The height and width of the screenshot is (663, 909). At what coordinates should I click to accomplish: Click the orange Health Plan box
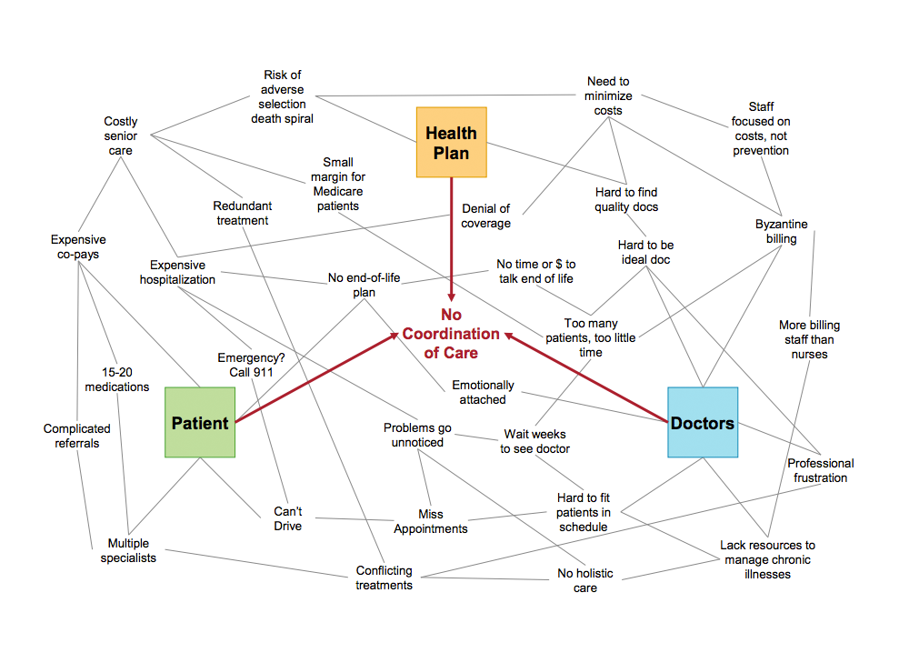coord(451,142)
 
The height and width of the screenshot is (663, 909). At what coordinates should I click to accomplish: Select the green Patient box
coord(200,422)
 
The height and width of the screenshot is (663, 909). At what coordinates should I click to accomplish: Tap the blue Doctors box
coord(703,422)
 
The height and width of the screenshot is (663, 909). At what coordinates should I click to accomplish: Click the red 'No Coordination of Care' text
coord(451,334)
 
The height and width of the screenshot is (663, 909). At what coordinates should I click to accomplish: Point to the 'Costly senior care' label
coord(121,136)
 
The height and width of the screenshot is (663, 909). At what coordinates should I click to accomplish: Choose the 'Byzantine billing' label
coord(781,231)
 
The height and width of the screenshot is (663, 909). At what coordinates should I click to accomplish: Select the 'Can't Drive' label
coord(287,518)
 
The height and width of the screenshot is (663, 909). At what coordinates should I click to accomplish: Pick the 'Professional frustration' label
coord(820,470)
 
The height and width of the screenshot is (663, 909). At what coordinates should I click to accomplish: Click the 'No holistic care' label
coord(585,580)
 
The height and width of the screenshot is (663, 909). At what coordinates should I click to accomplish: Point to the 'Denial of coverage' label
coord(486,216)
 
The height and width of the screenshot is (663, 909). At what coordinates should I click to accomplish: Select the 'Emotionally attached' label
coord(483,392)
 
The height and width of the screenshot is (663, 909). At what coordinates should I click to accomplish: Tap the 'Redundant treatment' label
coord(243,213)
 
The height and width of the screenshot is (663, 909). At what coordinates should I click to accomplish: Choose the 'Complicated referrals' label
coord(77,436)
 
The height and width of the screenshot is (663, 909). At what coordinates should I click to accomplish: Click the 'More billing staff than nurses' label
coord(809,339)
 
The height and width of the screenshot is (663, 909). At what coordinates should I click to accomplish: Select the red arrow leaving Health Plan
coord(451,236)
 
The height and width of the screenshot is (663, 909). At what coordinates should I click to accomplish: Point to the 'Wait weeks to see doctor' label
coord(535,441)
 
